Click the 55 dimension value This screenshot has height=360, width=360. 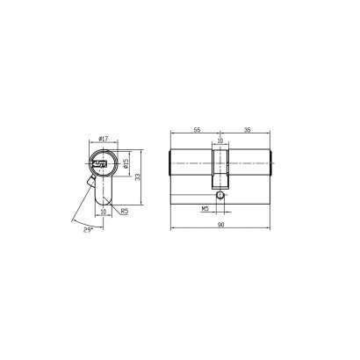coord(198,130)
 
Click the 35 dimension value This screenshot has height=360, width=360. coord(248,130)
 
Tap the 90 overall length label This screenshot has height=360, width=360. coord(220,225)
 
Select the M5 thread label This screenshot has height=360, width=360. coord(205,209)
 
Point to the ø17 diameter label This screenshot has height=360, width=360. coord(104,139)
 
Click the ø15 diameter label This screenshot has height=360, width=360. coord(126,163)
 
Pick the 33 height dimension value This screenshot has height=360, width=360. coord(138,177)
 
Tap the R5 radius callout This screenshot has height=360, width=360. coord(125,211)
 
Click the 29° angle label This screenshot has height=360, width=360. coord(88,230)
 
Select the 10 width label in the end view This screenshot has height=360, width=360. coord(104,212)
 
